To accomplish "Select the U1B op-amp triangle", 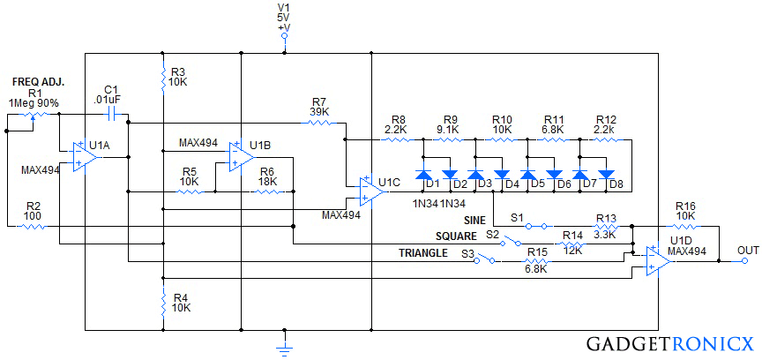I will tap(237, 156).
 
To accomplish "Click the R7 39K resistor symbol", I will tap(319, 124).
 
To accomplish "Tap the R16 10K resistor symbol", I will tap(685, 226).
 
